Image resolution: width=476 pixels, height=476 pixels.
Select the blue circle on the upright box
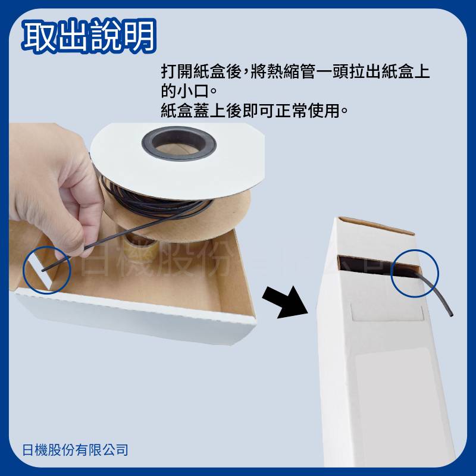click(x=414, y=273)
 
